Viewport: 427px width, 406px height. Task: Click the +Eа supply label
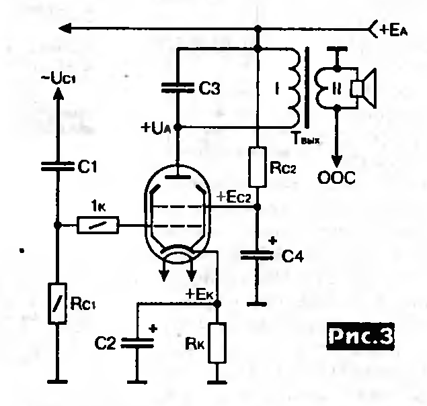pyautogui.click(x=394, y=30)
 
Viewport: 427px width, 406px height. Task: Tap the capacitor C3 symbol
pyautogui.click(x=178, y=87)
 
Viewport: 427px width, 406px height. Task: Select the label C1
pyautogui.click(x=87, y=166)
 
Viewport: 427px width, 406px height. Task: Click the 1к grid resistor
pyautogui.click(x=98, y=225)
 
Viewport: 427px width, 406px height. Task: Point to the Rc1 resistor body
pyautogui.click(x=57, y=303)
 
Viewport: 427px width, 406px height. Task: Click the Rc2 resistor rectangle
pyautogui.click(x=258, y=167)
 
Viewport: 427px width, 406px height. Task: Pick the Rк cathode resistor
pyautogui.click(x=217, y=342)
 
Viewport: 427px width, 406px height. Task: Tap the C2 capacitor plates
pyautogui.click(x=137, y=343)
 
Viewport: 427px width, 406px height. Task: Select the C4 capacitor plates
pyautogui.click(x=257, y=255)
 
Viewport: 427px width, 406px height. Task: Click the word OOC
pyautogui.click(x=337, y=178)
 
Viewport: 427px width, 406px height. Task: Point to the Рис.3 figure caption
pyautogui.click(x=360, y=336)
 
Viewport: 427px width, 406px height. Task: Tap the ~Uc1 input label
pyautogui.click(x=59, y=79)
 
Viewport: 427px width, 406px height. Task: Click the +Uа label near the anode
pyautogui.click(x=156, y=128)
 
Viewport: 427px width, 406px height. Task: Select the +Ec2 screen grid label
pyautogui.click(x=233, y=197)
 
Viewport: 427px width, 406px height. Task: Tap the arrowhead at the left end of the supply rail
pyautogui.click(x=65, y=28)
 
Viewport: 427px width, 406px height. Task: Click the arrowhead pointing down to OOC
pyautogui.click(x=338, y=162)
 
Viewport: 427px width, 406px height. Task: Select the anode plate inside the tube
pyautogui.click(x=178, y=177)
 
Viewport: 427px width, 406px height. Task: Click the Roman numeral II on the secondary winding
pyautogui.click(x=336, y=88)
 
